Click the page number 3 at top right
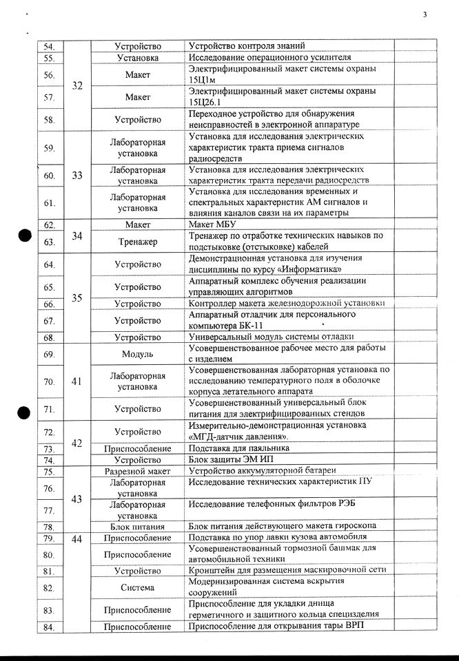tap(425, 14)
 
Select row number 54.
tap(49, 46)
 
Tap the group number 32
tap(76, 86)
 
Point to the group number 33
tap(76, 175)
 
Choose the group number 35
tap(76, 298)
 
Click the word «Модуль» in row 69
tap(138, 354)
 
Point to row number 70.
tap(49, 381)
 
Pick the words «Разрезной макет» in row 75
tap(138, 471)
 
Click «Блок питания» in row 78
tap(138, 527)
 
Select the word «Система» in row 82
tap(138, 588)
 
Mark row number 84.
tap(49, 627)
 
